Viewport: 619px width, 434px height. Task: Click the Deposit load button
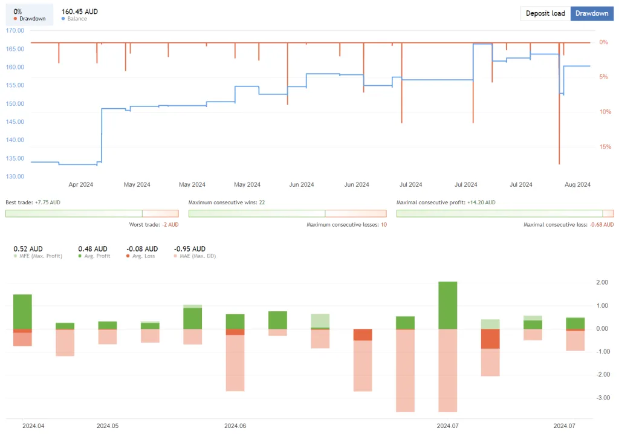coord(545,13)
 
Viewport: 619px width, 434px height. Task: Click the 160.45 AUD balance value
coord(79,11)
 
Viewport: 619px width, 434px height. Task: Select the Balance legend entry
coord(77,19)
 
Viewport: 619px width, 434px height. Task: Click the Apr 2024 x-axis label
coord(80,185)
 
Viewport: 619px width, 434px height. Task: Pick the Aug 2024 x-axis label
coord(576,185)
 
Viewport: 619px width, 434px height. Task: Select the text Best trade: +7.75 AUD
coord(33,202)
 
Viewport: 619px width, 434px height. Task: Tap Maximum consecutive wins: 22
coord(227,202)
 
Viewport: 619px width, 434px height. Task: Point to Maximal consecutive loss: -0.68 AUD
coord(568,225)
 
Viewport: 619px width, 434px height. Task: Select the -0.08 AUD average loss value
coord(141,248)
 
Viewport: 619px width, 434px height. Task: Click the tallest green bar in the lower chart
coord(447,305)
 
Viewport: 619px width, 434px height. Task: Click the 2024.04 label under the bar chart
coord(33,426)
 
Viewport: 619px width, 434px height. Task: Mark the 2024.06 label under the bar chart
coord(235,426)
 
